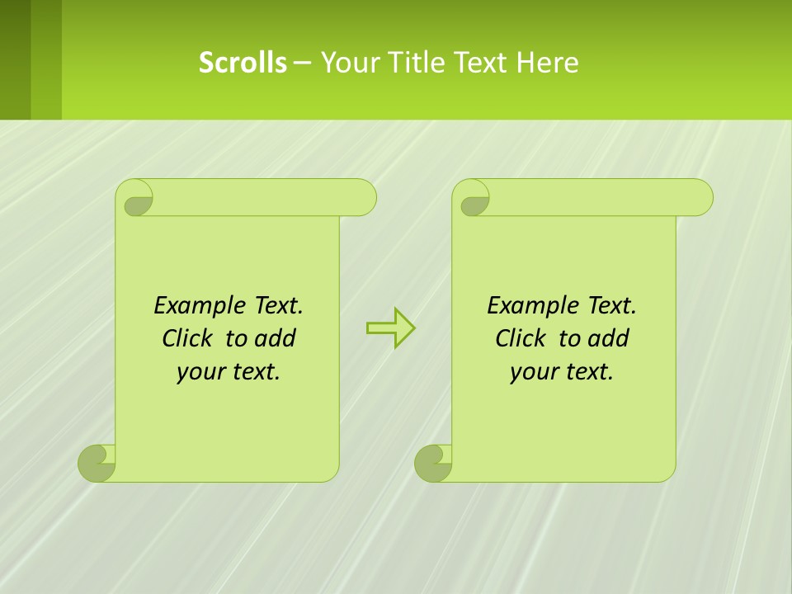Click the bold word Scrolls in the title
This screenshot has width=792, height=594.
pyautogui.click(x=243, y=62)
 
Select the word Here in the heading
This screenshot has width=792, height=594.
pyautogui.click(x=548, y=62)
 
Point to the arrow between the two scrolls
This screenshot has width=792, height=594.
pyautogui.click(x=390, y=328)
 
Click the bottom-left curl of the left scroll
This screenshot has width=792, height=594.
pyautogui.click(x=96, y=463)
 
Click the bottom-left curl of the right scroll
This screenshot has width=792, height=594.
pyautogui.click(x=432, y=463)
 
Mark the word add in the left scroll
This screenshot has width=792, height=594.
pyautogui.click(x=276, y=338)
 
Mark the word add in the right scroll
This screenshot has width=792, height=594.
pyautogui.click(x=609, y=338)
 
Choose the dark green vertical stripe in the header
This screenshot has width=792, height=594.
pyautogui.click(x=15, y=59)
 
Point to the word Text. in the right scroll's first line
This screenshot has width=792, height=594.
pyautogui.click(x=611, y=305)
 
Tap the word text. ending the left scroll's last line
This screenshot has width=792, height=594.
pyautogui.click(x=255, y=372)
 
